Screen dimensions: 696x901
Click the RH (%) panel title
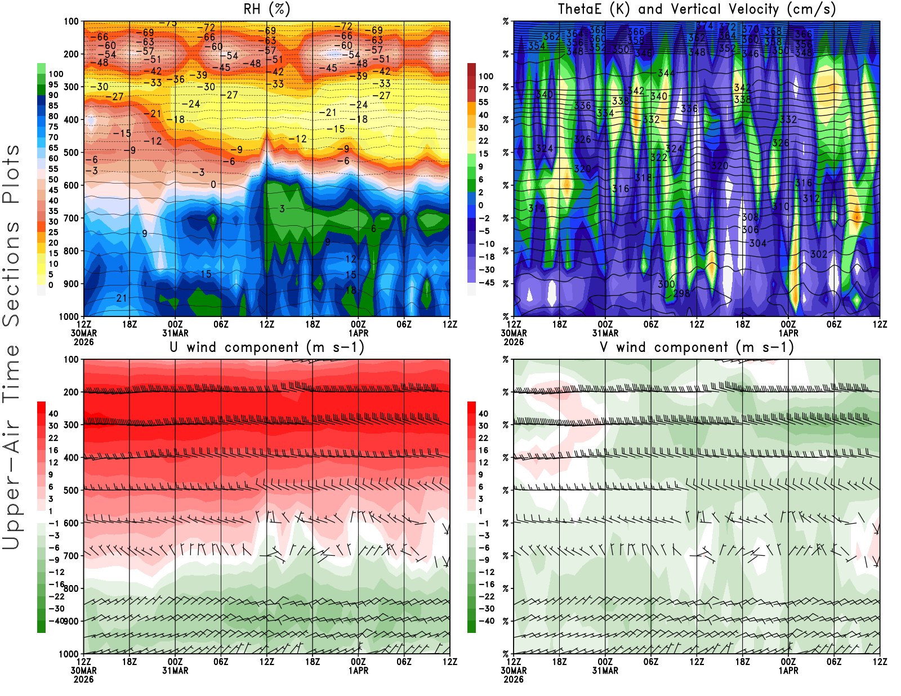(266, 10)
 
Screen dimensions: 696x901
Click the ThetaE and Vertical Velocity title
(697, 10)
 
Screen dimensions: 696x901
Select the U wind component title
(267, 347)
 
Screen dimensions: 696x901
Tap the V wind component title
(697, 347)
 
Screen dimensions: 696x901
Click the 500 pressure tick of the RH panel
(71, 153)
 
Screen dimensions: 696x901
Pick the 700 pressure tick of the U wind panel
(71, 556)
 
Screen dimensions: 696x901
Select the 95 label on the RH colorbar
(53, 85)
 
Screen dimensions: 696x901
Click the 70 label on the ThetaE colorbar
(483, 90)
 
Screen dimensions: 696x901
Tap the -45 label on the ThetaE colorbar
(486, 283)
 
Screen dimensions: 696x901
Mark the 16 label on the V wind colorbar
(483, 450)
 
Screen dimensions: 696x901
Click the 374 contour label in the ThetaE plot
(704, 26)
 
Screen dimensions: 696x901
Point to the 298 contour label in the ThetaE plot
(681, 293)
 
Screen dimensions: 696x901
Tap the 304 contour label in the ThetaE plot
(757, 243)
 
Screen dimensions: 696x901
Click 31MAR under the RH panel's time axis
(175, 333)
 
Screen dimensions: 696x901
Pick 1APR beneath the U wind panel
(358, 671)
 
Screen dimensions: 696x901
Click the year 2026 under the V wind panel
(514, 680)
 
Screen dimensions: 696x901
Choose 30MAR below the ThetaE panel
(514, 333)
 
